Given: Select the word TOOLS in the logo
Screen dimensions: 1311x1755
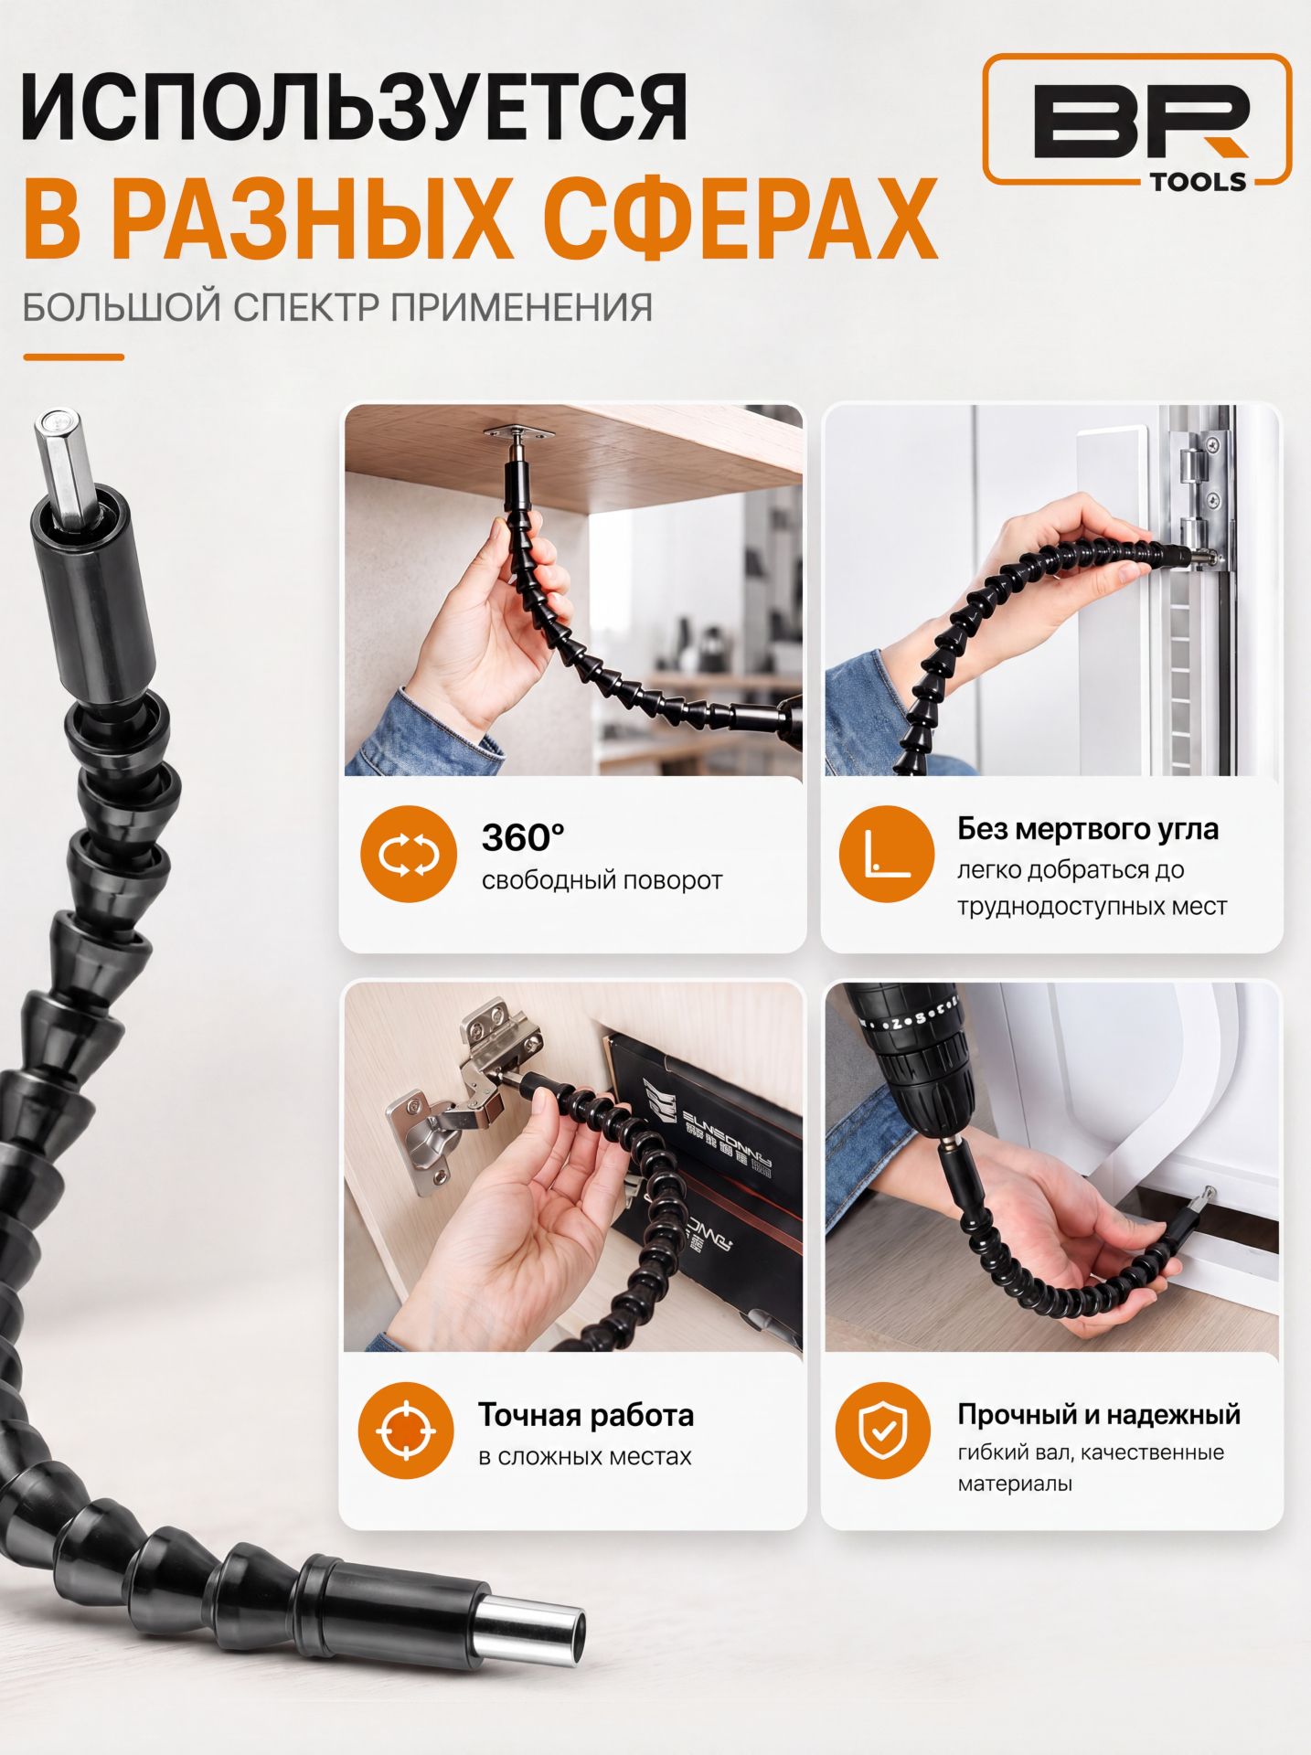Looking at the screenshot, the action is point(1198,181).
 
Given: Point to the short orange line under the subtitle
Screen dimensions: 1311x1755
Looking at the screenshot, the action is point(73,357).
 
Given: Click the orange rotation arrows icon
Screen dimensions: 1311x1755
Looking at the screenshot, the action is point(409,854).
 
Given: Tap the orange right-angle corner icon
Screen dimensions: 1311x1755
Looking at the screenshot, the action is point(886,854).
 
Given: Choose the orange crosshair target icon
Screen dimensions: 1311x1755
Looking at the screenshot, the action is point(406,1431).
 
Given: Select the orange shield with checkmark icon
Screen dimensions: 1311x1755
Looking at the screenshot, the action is point(883,1431).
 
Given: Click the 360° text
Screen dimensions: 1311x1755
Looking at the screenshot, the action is point(523,837).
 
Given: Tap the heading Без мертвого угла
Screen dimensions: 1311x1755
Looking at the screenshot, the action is point(1088,828).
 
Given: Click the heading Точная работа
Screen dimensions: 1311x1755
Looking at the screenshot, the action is point(586,1415).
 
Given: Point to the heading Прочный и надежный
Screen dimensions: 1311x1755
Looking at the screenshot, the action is point(1099,1414).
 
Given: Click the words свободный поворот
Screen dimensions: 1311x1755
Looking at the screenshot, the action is point(602,881).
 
